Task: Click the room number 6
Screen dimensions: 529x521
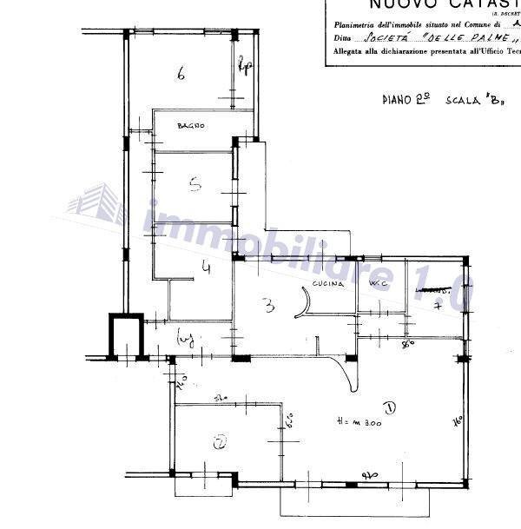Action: click(181, 74)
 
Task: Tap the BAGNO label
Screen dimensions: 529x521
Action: click(191, 127)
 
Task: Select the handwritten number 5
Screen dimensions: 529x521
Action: click(196, 183)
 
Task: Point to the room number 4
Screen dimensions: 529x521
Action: click(207, 268)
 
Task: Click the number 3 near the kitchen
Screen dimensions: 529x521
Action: click(269, 305)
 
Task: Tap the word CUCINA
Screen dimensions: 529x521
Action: click(330, 284)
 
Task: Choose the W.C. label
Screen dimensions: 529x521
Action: click(378, 284)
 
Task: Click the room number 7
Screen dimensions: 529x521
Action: click(439, 306)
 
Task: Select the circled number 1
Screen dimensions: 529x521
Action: click(389, 407)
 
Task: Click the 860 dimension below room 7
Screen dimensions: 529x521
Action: click(407, 344)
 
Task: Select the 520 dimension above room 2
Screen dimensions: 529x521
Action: click(221, 399)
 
